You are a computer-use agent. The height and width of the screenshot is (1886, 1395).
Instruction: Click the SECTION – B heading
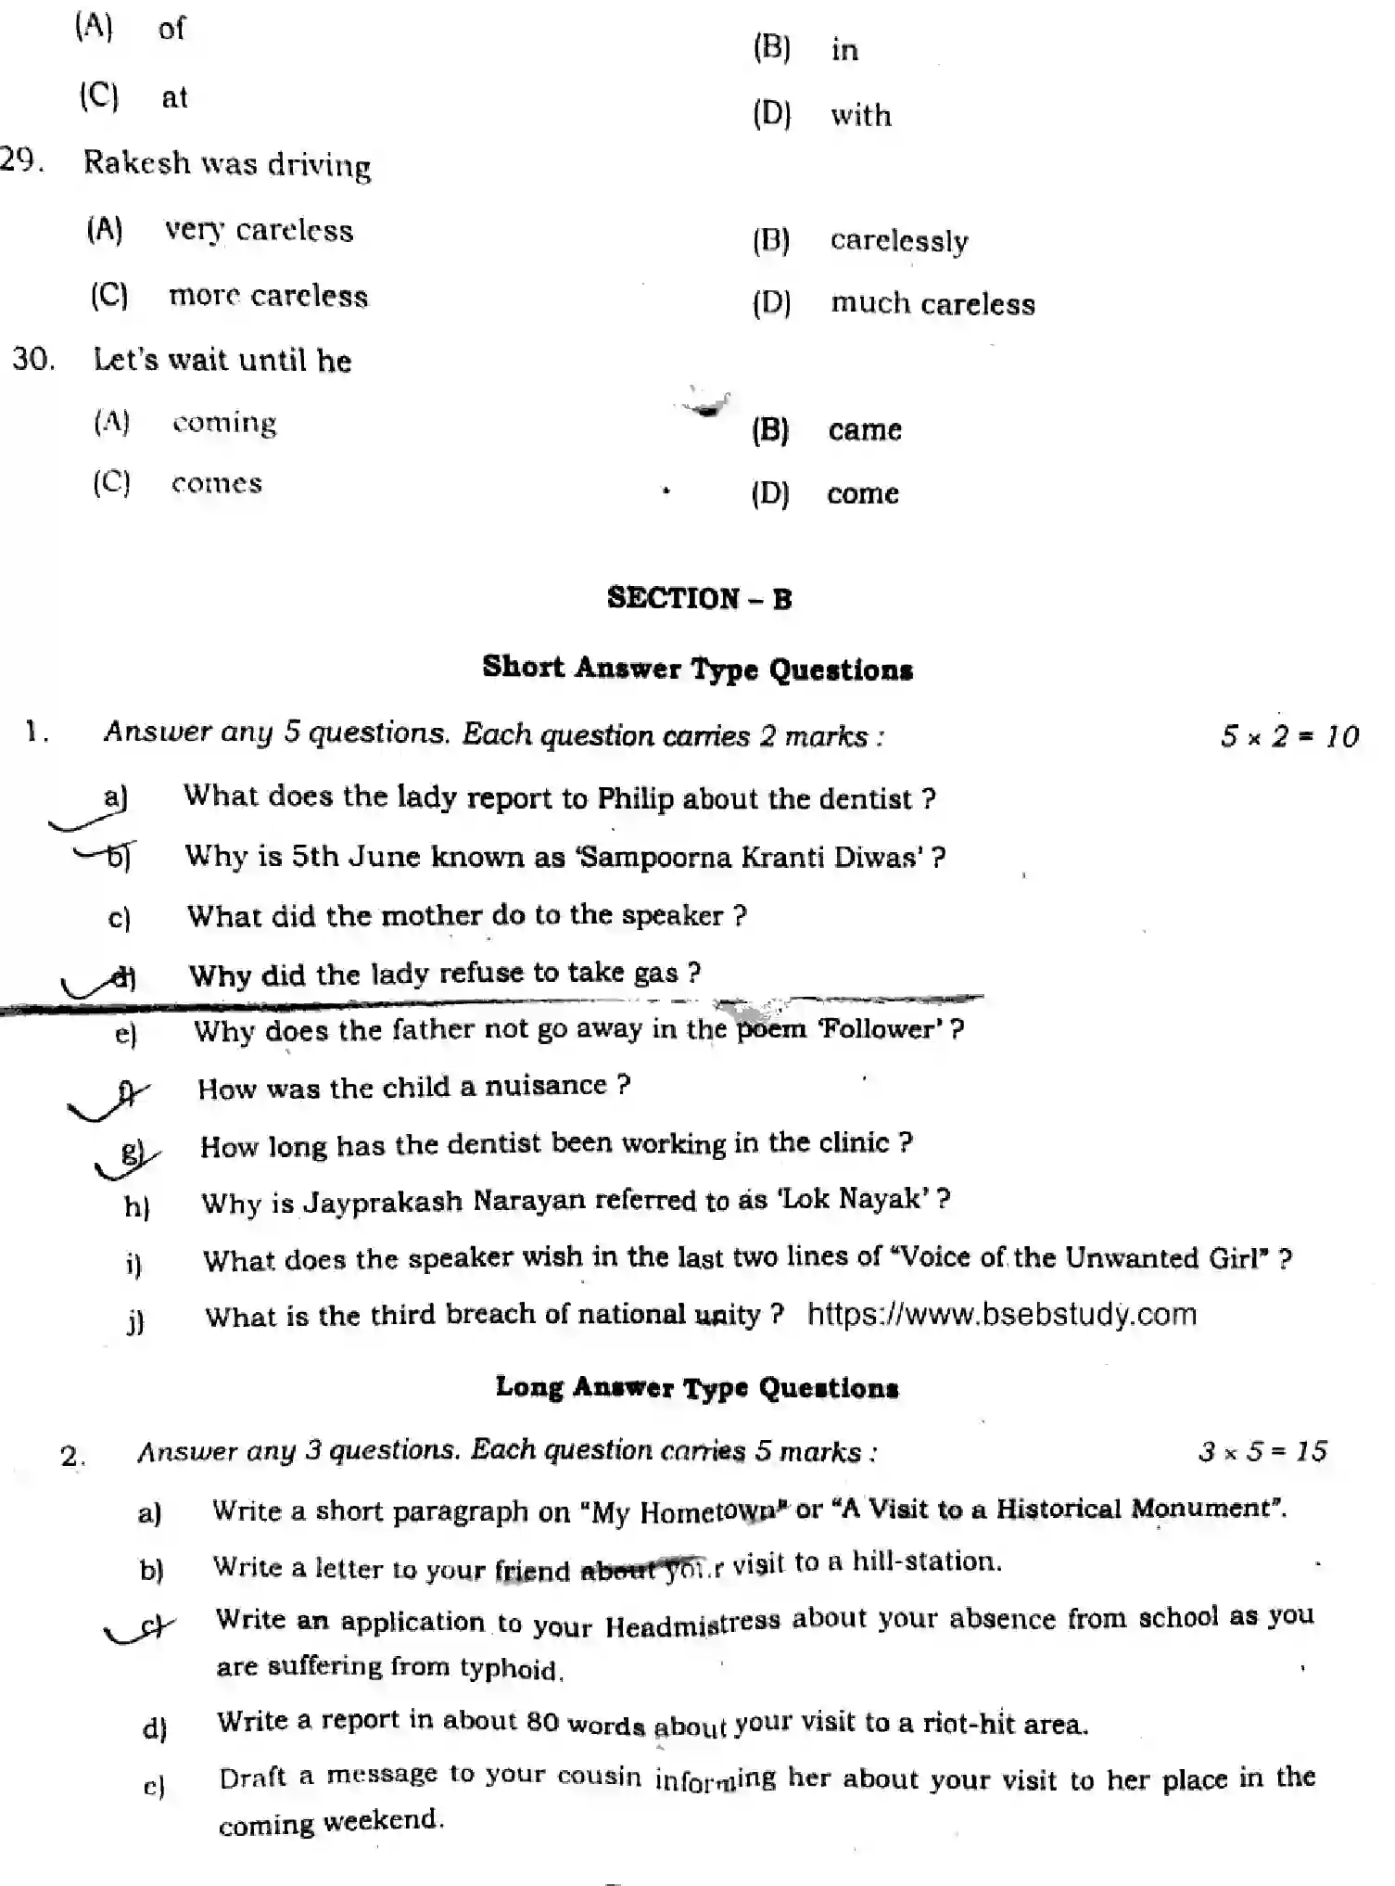coord(699,598)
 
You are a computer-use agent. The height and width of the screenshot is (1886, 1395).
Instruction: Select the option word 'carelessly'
coord(898,241)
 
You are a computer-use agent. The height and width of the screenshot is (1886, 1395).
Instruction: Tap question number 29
coord(21,161)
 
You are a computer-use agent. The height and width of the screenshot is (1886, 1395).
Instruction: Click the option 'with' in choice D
coord(860,116)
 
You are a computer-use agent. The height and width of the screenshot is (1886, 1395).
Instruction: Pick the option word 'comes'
coord(216,484)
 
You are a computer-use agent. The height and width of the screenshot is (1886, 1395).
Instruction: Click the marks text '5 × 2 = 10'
coord(1288,737)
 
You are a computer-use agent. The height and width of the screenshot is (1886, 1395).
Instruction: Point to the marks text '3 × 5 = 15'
coord(1262,1451)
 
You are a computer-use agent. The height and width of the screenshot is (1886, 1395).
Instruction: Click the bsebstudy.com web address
coord(1001,1315)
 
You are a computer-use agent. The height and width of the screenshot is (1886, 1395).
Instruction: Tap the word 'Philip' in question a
coord(634,798)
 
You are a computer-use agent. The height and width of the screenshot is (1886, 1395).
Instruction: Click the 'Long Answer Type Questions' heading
coord(697,1388)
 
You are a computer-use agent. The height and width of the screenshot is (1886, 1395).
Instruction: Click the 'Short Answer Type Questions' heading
coord(697,669)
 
